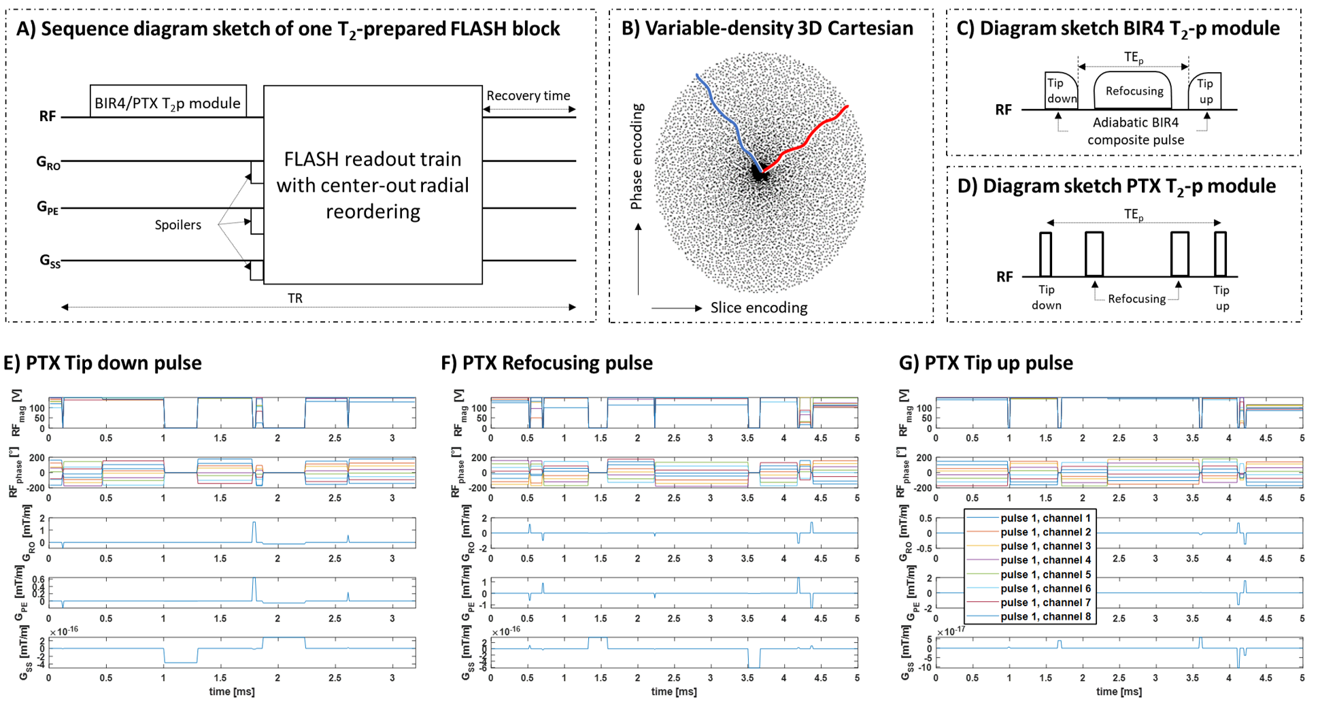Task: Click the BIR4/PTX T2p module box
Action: click(x=167, y=102)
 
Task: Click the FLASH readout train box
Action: click(x=373, y=184)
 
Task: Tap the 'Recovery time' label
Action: click(x=528, y=96)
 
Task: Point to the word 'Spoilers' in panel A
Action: click(x=177, y=225)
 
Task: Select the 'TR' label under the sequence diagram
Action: click(x=295, y=299)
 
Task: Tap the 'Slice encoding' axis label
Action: click(x=758, y=308)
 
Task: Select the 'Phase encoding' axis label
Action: click(x=637, y=156)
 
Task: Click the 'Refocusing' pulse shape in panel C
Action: click(x=1134, y=91)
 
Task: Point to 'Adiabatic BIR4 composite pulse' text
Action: click(x=1135, y=131)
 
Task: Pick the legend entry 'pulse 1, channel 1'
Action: click(x=1045, y=518)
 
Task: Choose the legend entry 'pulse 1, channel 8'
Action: click(x=1045, y=617)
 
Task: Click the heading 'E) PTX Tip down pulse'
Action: click(x=103, y=363)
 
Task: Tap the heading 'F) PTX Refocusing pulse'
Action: click(x=547, y=363)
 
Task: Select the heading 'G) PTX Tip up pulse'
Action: click(x=986, y=363)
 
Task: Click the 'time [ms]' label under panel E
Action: click(x=231, y=692)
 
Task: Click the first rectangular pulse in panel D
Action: click(x=1046, y=254)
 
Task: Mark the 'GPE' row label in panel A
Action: click(x=48, y=207)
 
